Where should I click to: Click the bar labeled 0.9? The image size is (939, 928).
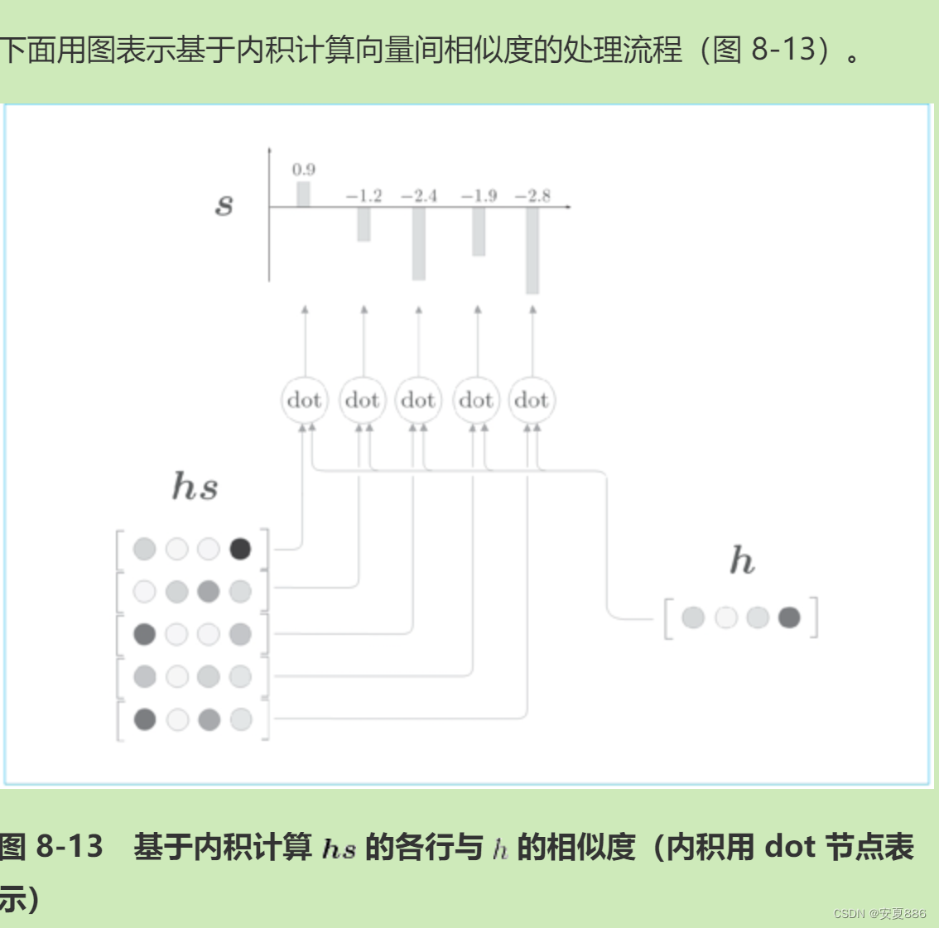[303, 195]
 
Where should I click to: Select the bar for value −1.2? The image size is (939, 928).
[364, 224]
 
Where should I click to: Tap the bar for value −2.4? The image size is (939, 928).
[419, 243]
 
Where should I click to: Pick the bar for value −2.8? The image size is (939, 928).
[532, 250]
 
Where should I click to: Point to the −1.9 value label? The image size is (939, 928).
[479, 196]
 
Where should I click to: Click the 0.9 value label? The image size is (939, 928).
[304, 170]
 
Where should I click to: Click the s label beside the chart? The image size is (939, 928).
[224, 204]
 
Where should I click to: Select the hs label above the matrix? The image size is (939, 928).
[195, 486]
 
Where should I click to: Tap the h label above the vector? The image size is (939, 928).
[742, 560]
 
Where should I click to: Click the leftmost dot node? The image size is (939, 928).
[305, 401]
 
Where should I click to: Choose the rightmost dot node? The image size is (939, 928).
[532, 401]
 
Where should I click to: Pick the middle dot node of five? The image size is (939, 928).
[418, 401]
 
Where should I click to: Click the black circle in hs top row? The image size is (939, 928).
[240, 549]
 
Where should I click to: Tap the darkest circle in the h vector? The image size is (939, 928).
[789, 618]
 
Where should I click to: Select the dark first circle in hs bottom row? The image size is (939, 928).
[145, 719]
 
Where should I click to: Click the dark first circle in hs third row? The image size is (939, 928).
[145, 634]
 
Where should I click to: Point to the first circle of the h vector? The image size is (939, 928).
[693, 618]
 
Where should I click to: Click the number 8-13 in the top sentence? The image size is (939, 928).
[783, 50]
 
